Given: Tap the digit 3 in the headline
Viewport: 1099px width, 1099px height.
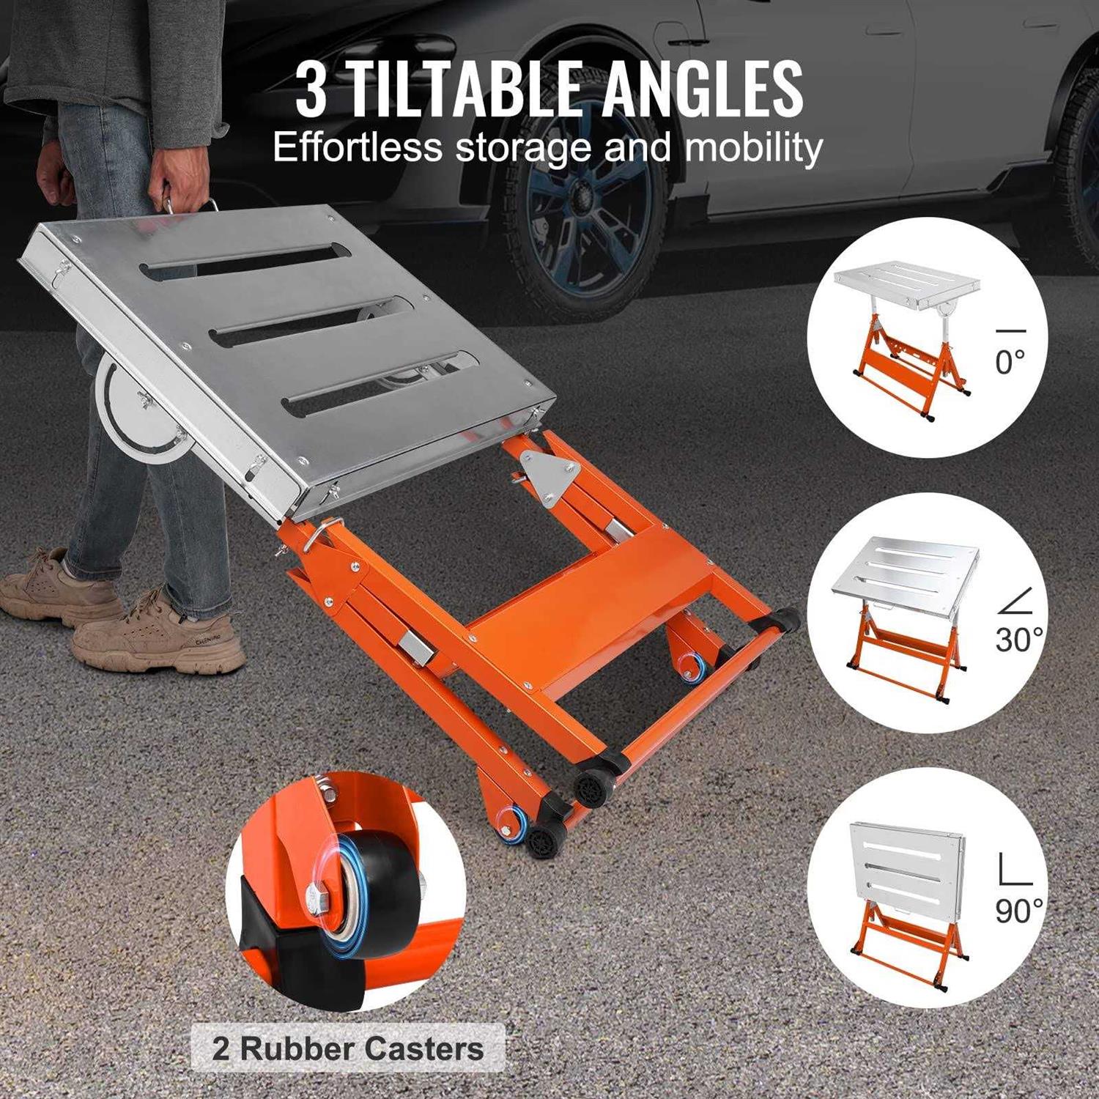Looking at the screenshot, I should [311, 91].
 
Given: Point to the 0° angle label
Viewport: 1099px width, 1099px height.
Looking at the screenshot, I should [1010, 361].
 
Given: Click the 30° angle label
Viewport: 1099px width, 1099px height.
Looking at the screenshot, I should [1018, 639].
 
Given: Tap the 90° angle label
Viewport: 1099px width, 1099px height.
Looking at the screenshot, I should [1018, 911].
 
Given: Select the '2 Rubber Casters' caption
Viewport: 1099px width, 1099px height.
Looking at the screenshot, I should [348, 1048].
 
